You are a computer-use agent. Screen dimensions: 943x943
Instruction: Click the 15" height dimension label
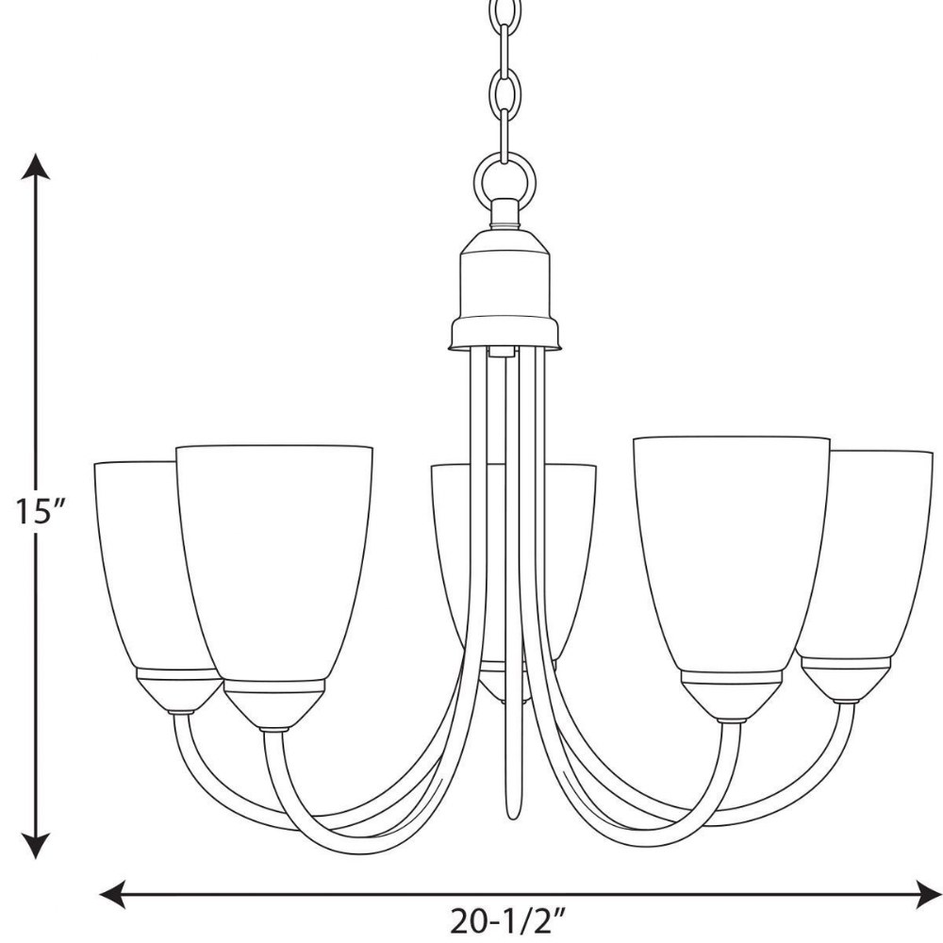point(40,512)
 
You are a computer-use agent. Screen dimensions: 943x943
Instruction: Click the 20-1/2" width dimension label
point(508,921)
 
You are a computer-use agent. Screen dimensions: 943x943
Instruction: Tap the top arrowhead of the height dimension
point(36,167)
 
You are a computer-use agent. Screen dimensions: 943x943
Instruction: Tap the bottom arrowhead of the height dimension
point(36,844)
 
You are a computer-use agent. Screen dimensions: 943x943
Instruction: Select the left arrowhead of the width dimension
point(112,894)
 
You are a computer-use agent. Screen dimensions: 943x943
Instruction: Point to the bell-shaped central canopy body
point(505,289)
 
